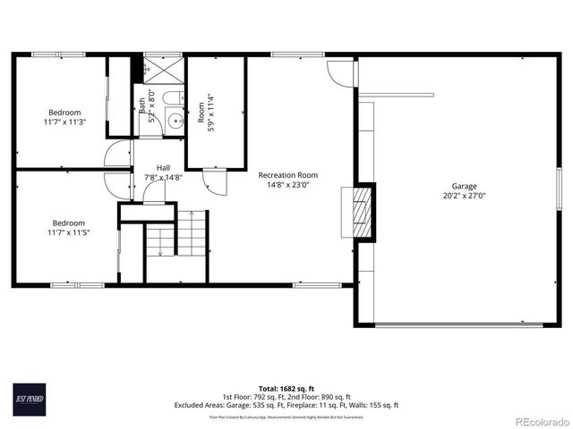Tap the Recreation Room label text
coord(287,175)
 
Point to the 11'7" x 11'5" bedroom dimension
coord(70,232)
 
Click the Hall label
coord(163,167)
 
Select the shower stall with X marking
coord(163,68)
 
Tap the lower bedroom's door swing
coord(116,185)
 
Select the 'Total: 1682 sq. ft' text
coord(286,388)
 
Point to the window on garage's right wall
coord(559,189)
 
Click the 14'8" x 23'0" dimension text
coord(287,185)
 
